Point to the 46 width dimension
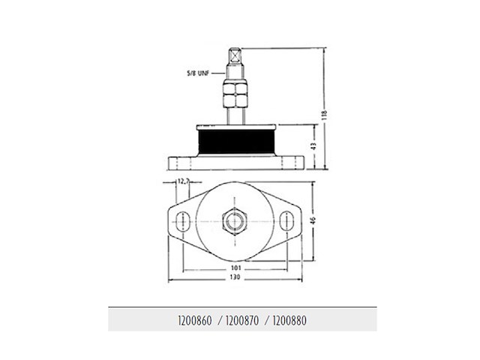[x=313, y=220]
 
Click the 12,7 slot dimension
[x=181, y=181]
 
